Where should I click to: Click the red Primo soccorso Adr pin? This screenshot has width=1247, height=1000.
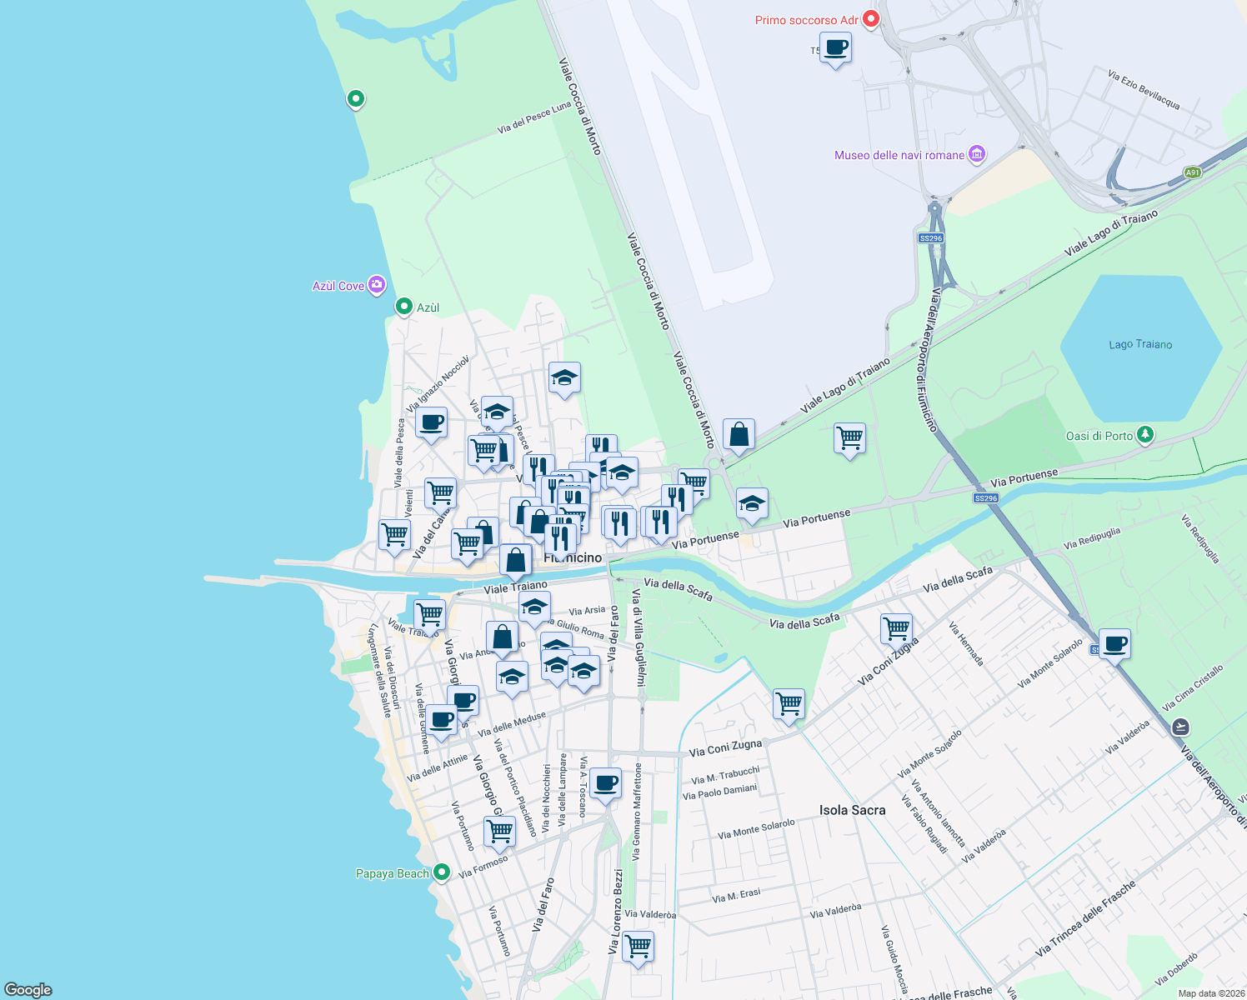click(x=871, y=19)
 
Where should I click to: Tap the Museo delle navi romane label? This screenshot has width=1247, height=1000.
click(x=899, y=155)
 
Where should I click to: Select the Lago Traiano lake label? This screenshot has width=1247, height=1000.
click(x=1140, y=344)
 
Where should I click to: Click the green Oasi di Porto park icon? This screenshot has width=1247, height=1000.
click(x=1145, y=435)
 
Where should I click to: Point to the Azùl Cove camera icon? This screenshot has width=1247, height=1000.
click(x=377, y=286)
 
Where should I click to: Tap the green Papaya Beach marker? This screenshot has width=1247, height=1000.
click(x=442, y=872)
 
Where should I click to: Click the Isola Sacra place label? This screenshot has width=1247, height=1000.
click(x=852, y=810)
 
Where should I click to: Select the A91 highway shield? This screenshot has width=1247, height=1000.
click(x=1193, y=172)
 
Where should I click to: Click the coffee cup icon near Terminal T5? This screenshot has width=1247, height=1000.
click(x=835, y=47)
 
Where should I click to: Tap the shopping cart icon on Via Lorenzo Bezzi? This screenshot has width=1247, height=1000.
click(x=638, y=946)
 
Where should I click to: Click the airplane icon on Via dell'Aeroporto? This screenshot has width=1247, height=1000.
click(x=1179, y=727)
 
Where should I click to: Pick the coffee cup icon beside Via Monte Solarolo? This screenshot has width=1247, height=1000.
click(x=1114, y=643)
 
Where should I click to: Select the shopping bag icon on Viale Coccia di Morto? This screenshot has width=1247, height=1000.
click(x=739, y=434)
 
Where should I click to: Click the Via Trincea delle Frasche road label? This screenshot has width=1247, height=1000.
click(x=1085, y=918)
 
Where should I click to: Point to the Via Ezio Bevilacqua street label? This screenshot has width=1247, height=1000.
click(x=1144, y=90)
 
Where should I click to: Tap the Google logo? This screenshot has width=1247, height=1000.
click(x=28, y=989)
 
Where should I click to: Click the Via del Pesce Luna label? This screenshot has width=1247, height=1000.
click(x=533, y=117)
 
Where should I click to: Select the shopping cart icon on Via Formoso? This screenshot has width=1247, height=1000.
click(x=499, y=830)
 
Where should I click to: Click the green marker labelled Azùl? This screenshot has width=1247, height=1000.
click(x=404, y=307)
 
